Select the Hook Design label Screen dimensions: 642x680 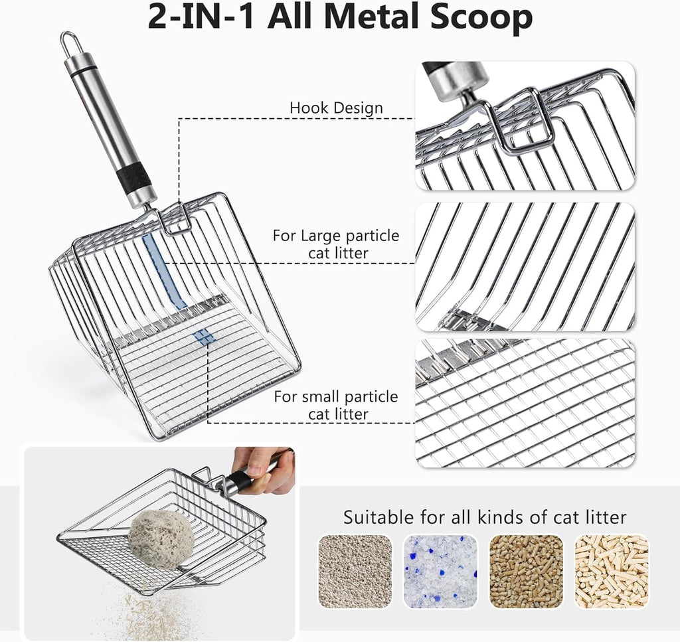pos(336,108)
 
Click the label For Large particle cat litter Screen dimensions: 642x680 pos(336,244)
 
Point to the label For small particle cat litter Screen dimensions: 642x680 pos(336,405)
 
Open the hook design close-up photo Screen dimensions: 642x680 pos(525,125)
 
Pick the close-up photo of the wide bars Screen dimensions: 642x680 pos(525,266)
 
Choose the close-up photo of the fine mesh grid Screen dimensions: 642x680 pos(525,403)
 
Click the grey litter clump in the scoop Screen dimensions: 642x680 pos(161,538)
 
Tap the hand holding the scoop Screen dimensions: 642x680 pos(266,465)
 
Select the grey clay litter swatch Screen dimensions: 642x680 pos(355,571)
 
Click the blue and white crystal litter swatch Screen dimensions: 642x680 pos(440,571)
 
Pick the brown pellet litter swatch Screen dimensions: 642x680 pos(526,571)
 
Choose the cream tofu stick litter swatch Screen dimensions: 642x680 pos(611,571)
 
